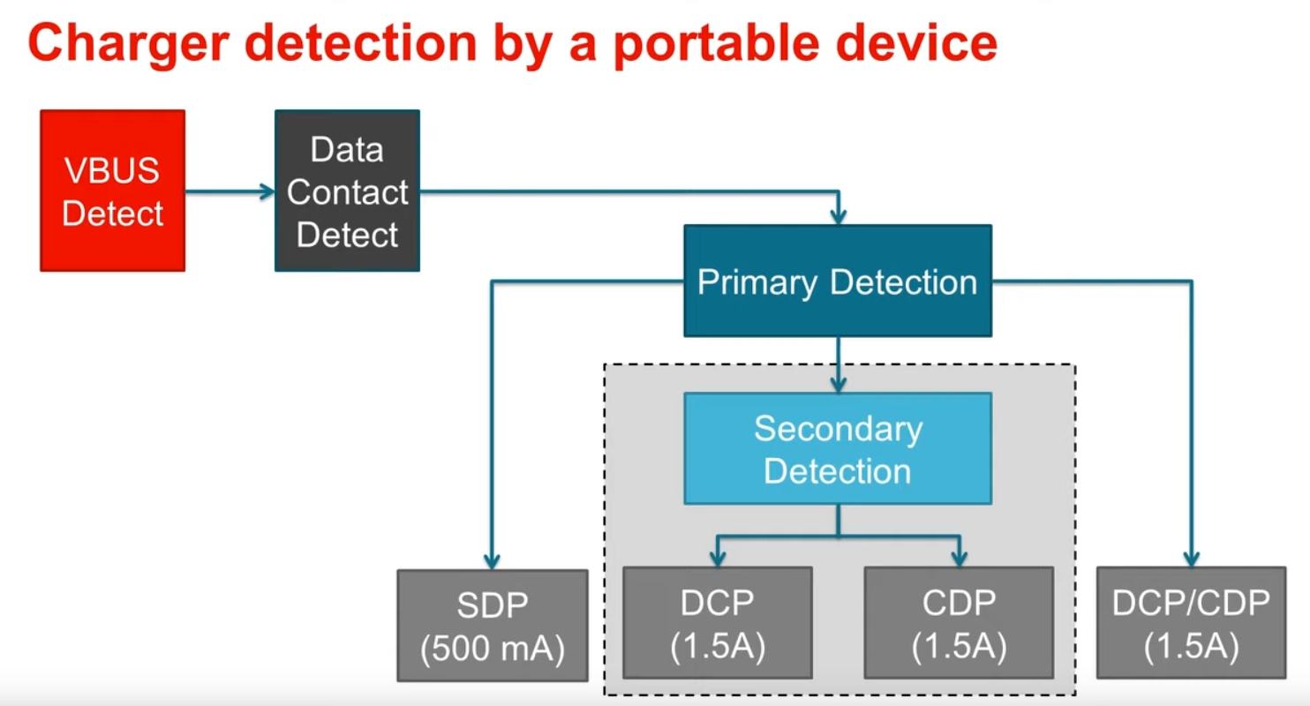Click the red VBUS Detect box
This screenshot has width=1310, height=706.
pyautogui.click(x=113, y=191)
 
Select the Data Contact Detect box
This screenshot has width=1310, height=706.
pyautogui.click(x=347, y=191)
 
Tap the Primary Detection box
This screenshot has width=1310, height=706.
pyautogui.click(x=838, y=281)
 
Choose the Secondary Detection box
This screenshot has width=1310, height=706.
pyautogui.click(x=838, y=448)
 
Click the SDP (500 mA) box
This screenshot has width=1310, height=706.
pyautogui.click(x=493, y=625)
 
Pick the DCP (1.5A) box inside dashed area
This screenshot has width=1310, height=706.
pyautogui.click(x=717, y=624)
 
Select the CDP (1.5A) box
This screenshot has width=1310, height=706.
pyautogui.click(x=959, y=624)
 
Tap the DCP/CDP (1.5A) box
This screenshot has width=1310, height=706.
pyautogui.click(x=1191, y=624)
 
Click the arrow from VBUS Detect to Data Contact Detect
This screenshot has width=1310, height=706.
pyautogui.click(x=230, y=191)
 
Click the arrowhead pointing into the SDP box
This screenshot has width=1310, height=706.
pyautogui.click(x=493, y=560)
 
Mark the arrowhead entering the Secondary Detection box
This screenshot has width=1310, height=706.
pyautogui.click(x=838, y=384)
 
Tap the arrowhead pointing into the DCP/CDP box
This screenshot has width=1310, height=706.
pyautogui.click(x=1191, y=558)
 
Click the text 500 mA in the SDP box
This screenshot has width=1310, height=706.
pyautogui.click(x=493, y=649)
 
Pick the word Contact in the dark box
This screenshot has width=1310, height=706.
pyautogui.click(x=347, y=192)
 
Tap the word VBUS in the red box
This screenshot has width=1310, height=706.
pyautogui.click(x=113, y=170)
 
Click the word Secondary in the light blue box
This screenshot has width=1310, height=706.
pyautogui.click(x=838, y=428)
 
